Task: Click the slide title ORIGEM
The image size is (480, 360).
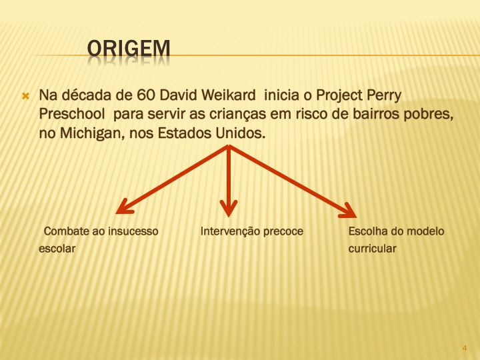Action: (x=129, y=49)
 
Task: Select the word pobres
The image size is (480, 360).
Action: (x=427, y=114)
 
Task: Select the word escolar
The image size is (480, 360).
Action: (x=57, y=249)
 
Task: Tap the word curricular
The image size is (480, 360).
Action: (x=372, y=249)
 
